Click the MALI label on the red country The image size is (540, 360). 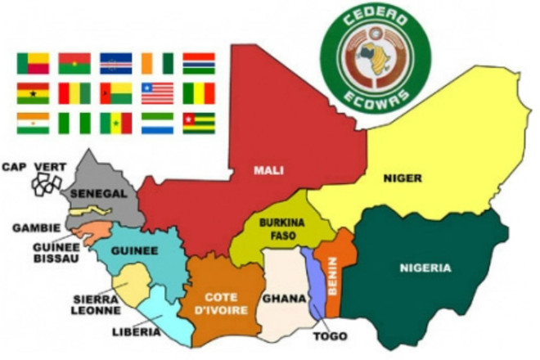267,171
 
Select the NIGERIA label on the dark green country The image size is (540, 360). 425,268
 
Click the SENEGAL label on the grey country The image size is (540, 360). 98,193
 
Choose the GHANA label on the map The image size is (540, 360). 283,299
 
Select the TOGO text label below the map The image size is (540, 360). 330,336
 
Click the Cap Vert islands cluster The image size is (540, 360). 46,184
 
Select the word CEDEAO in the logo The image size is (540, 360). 376,18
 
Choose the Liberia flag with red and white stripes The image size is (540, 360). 157,93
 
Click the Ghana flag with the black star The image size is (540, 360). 33,93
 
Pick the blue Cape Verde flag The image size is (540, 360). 115,63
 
